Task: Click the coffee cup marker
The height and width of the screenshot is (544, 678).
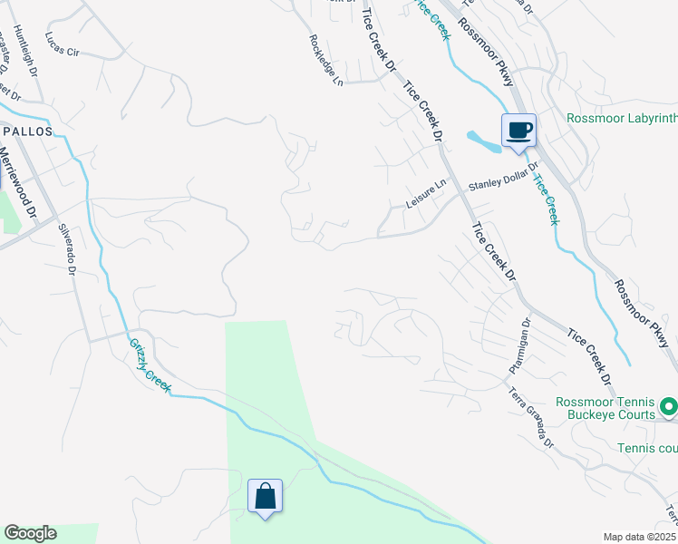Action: click(518, 131)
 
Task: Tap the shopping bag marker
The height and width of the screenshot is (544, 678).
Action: click(265, 497)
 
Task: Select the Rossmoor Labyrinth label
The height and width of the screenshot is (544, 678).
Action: click(622, 118)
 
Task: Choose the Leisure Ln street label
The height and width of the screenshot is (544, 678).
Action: click(426, 195)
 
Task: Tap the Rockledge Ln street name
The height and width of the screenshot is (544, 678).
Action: click(326, 60)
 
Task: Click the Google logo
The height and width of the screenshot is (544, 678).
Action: click(30, 533)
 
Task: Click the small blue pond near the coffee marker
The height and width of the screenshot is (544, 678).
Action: click(481, 141)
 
